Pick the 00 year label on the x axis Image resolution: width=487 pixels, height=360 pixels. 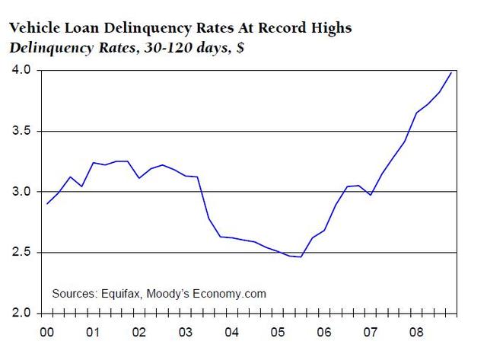coord(46,333)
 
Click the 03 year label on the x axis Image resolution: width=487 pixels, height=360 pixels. coord(185,333)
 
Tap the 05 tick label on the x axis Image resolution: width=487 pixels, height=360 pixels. coord(277,333)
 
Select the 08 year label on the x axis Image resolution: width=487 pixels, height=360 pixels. coord(415,333)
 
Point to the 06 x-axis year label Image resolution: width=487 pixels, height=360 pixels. coord(323,333)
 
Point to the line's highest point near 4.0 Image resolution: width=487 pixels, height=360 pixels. coord(452,72)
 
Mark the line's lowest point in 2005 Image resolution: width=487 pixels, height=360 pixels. coord(301,257)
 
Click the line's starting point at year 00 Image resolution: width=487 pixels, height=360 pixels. coord(46,204)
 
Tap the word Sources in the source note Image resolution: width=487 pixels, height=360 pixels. coord(74,293)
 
